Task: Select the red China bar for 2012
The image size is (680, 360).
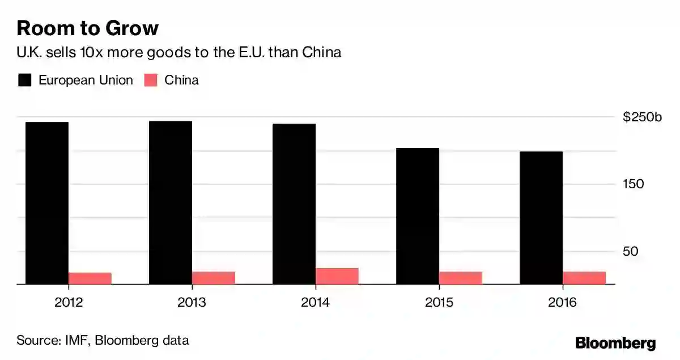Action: (x=90, y=278)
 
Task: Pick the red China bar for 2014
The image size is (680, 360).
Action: (x=337, y=276)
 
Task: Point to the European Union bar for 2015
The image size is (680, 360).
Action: (x=418, y=216)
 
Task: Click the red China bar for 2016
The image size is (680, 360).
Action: (x=584, y=278)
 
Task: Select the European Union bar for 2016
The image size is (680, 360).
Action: (x=541, y=218)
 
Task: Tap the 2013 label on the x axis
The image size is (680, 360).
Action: (x=192, y=302)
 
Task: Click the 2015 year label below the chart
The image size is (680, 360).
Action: (x=439, y=302)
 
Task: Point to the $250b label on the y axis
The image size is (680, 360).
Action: (x=642, y=117)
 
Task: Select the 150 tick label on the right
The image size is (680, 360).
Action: (x=634, y=184)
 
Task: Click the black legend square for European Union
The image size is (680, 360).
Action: (x=24, y=80)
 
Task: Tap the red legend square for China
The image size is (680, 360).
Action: (x=151, y=80)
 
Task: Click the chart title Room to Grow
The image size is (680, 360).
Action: (x=87, y=28)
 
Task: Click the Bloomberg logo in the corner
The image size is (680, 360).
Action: (x=615, y=343)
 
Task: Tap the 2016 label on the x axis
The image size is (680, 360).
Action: (x=563, y=302)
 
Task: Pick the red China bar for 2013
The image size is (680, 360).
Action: (x=214, y=278)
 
